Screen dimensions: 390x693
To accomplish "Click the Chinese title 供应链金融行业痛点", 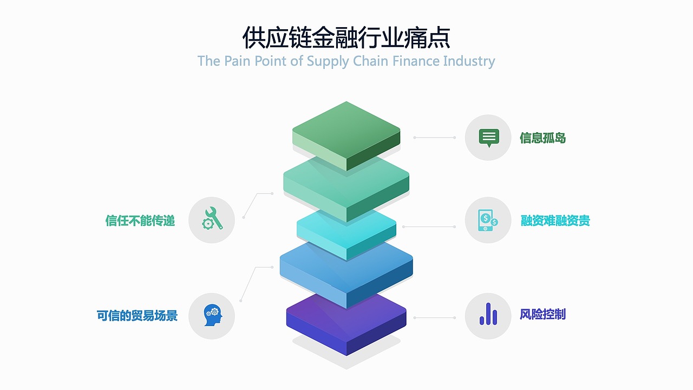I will coord(346,38).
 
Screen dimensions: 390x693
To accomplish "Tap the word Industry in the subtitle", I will coord(469,61).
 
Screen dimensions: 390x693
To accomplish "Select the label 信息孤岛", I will coord(542,138).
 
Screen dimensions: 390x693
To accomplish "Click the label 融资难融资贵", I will coord(555,220).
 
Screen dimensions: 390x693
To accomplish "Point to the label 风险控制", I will coord(542,314).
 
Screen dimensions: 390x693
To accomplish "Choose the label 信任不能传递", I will coord(140,220).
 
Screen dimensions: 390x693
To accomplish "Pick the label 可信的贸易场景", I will coord(137,315).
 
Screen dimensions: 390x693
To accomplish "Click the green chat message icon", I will coord(488,138).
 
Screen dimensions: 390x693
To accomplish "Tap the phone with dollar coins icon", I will coord(488,220).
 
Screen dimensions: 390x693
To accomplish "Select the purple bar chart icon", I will coord(488,314).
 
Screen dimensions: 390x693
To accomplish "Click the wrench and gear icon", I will coord(212,219).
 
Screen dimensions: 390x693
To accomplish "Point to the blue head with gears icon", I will coord(212,315).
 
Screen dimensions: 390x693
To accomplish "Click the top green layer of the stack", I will coord(346,130).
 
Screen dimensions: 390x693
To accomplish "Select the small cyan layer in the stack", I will coord(346,230).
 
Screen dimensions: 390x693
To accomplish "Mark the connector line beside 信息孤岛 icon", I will coord(434,138).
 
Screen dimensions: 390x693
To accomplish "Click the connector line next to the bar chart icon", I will coord(434,317).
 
